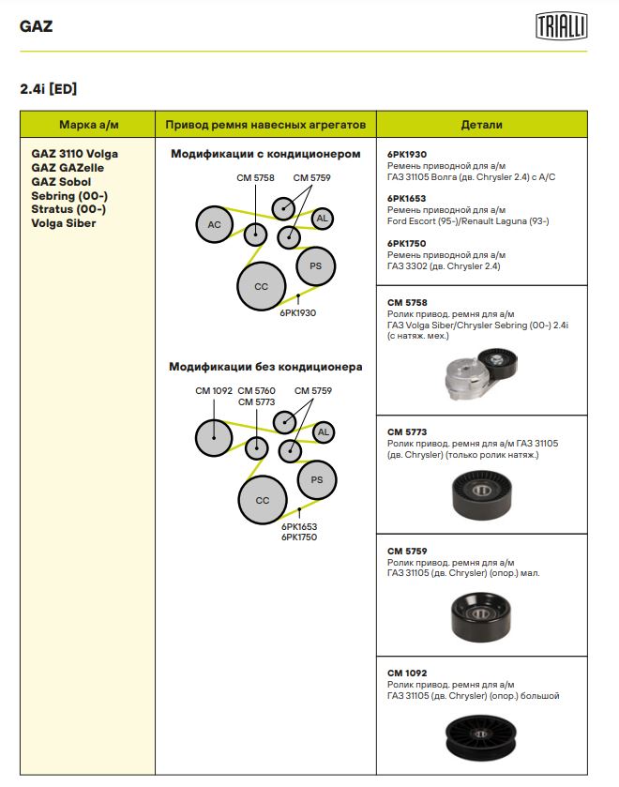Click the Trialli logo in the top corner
pyautogui.click(x=561, y=25)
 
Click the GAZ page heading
pyautogui.click(x=36, y=25)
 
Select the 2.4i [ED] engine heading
pyautogui.click(x=48, y=89)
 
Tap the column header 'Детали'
pyautogui.click(x=481, y=125)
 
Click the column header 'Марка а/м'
pyautogui.click(x=88, y=125)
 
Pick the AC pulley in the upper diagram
pyautogui.click(x=214, y=224)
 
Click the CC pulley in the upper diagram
pyautogui.click(x=262, y=286)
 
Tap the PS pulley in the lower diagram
pyautogui.click(x=317, y=480)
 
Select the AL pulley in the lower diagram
pyautogui.click(x=323, y=432)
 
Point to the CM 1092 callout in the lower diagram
pyautogui.click(x=213, y=391)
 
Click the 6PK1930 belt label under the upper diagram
pyautogui.click(x=297, y=312)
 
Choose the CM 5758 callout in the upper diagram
pyautogui.click(x=255, y=177)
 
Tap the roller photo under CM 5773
pyautogui.click(x=481, y=494)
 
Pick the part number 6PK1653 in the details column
pyautogui.click(x=406, y=199)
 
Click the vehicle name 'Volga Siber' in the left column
pyautogui.click(x=63, y=223)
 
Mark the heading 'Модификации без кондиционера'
pyautogui.click(x=265, y=367)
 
